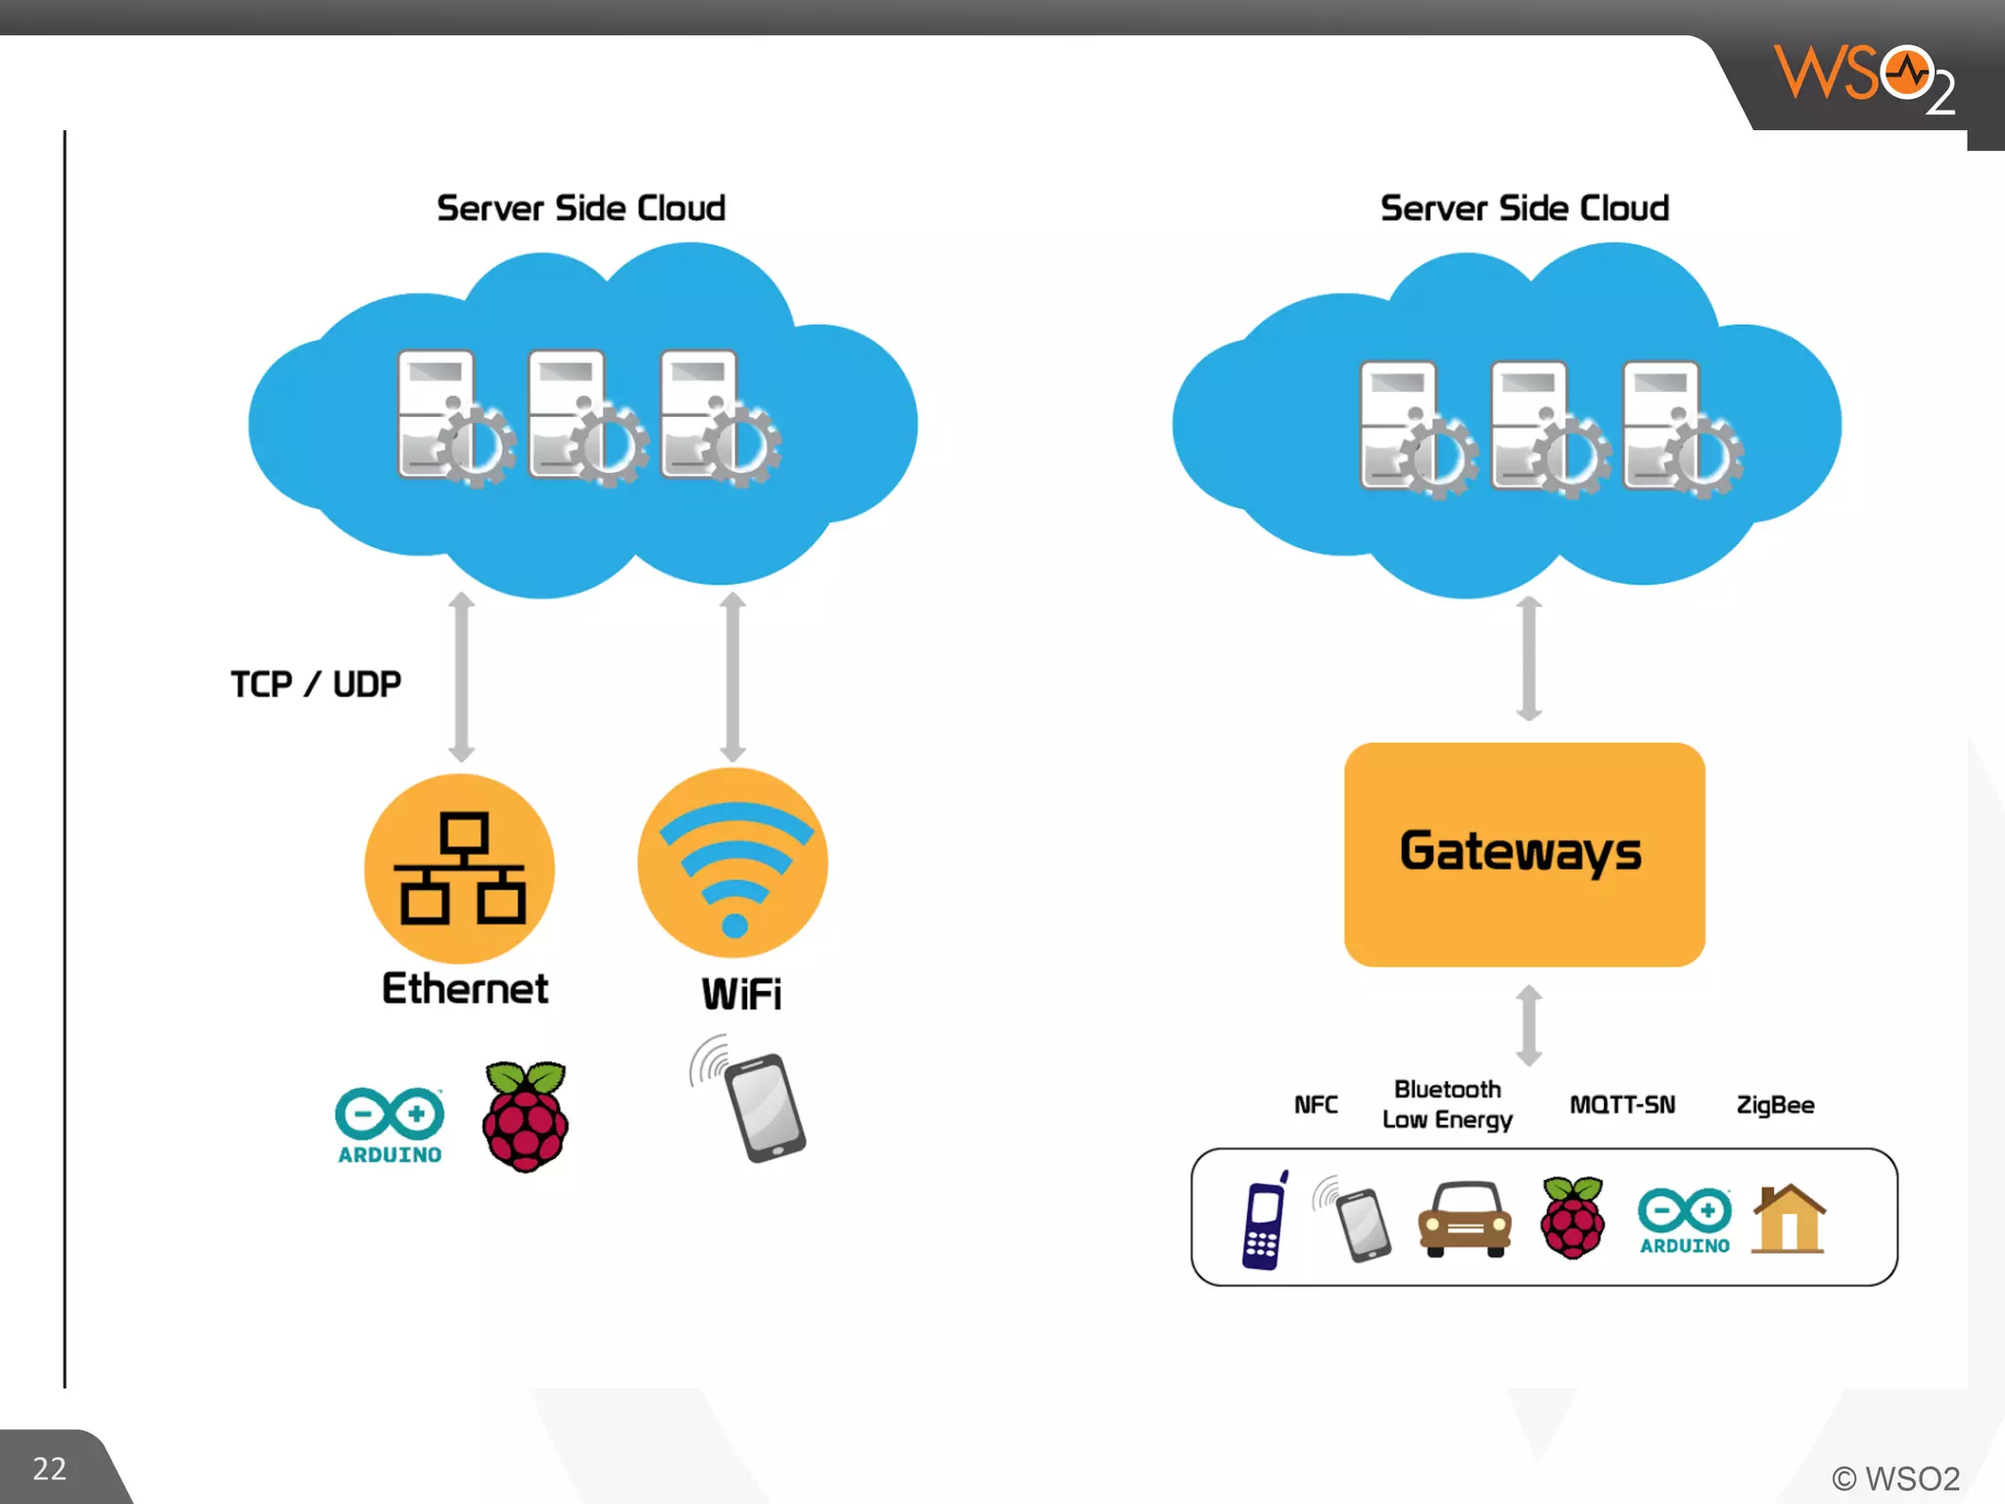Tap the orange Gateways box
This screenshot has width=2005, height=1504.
click(1523, 854)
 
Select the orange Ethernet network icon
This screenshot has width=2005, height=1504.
click(459, 869)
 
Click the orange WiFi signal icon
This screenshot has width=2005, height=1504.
click(732, 863)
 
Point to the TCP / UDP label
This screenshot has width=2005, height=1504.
click(315, 683)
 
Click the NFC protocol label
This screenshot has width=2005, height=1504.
click(1315, 1104)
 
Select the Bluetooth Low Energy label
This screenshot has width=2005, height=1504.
click(1447, 1104)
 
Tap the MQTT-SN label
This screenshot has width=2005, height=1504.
click(1622, 1104)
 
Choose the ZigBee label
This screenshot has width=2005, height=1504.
click(1774, 1104)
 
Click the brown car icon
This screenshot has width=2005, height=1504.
click(1465, 1219)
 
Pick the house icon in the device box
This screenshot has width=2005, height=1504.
click(1789, 1219)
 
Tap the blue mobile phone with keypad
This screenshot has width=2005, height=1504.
click(1264, 1221)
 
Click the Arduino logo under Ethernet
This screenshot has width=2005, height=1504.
click(390, 1125)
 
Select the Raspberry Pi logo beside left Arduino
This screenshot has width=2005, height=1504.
click(526, 1117)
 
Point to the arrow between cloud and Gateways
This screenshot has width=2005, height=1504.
click(1529, 659)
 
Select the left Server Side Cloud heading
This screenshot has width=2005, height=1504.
click(581, 208)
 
